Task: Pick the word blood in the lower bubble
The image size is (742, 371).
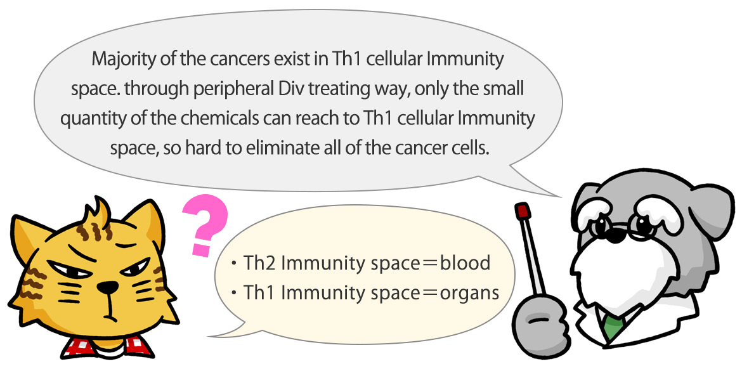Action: (x=465, y=264)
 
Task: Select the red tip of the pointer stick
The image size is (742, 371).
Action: (x=523, y=211)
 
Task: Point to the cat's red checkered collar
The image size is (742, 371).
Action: (x=107, y=347)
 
